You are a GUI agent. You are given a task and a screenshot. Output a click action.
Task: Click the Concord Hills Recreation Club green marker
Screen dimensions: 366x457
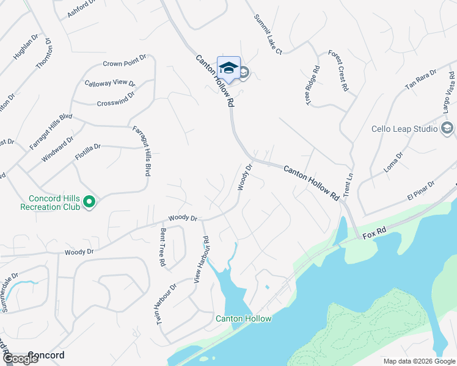[x=89, y=201]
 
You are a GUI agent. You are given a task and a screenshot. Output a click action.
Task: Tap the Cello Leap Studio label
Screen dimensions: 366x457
[x=404, y=129]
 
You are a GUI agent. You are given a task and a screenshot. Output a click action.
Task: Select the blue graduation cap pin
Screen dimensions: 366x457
[x=228, y=68]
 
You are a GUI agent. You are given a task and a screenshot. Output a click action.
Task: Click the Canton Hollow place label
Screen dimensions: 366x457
[x=243, y=318]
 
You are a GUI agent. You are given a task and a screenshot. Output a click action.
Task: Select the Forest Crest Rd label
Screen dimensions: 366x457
[x=337, y=71]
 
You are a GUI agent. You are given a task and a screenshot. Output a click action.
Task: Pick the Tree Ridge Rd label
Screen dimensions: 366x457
[x=313, y=85]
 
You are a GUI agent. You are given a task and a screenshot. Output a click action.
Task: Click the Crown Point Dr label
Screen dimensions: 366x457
[x=125, y=63]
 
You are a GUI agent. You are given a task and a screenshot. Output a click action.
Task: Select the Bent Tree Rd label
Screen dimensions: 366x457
[x=163, y=247]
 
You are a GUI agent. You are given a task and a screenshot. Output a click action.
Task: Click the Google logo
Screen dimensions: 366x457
[x=20, y=359]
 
